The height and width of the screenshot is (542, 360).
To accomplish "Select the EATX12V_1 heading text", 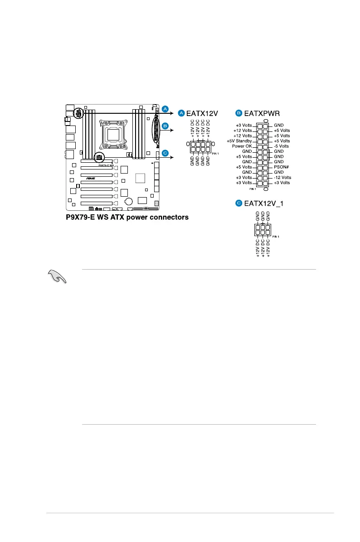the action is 263,203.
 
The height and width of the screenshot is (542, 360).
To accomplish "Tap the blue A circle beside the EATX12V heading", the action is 181,112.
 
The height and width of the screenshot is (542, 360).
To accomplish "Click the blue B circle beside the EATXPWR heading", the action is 238,112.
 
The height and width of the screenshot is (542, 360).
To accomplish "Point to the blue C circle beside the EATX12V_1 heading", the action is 238,203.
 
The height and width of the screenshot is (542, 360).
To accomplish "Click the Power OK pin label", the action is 242,146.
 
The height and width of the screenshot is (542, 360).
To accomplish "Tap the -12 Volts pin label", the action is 282,178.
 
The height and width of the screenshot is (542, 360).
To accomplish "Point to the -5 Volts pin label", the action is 281,146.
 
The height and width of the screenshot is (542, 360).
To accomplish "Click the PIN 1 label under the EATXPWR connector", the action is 253,189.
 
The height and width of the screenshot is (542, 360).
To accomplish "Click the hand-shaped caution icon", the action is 57,276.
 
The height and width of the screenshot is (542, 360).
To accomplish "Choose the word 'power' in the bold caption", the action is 139,218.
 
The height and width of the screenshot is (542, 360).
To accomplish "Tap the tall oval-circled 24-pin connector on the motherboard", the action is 156,129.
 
